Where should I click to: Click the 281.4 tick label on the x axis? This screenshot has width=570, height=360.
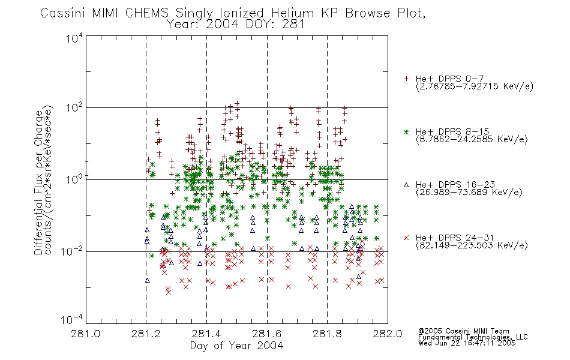click(x=206, y=334)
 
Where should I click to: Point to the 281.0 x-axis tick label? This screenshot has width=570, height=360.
click(x=85, y=334)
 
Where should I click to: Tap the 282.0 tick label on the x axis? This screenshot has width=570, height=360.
click(x=388, y=334)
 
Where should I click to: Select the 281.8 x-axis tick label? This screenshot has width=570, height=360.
click(x=327, y=334)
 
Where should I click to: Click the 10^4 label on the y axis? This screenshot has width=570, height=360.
click(x=74, y=38)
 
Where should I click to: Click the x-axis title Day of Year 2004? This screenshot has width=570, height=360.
click(x=236, y=346)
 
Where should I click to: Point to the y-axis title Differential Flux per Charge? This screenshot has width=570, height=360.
click(x=38, y=181)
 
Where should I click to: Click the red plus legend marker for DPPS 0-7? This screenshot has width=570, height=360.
click(x=406, y=79)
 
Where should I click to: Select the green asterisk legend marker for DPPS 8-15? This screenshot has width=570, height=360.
click(x=406, y=131)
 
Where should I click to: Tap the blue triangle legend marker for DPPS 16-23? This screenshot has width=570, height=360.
click(x=406, y=185)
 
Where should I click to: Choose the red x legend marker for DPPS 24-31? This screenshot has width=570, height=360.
click(x=406, y=238)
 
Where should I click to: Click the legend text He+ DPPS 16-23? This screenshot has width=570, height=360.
click(x=455, y=184)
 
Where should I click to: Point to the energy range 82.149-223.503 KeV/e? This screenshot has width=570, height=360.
click(x=472, y=245)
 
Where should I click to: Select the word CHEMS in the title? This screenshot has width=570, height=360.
click(x=147, y=13)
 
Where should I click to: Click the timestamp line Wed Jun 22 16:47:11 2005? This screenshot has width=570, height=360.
click(x=467, y=343)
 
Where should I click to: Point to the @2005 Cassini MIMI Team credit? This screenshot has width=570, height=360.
click(x=463, y=331)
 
